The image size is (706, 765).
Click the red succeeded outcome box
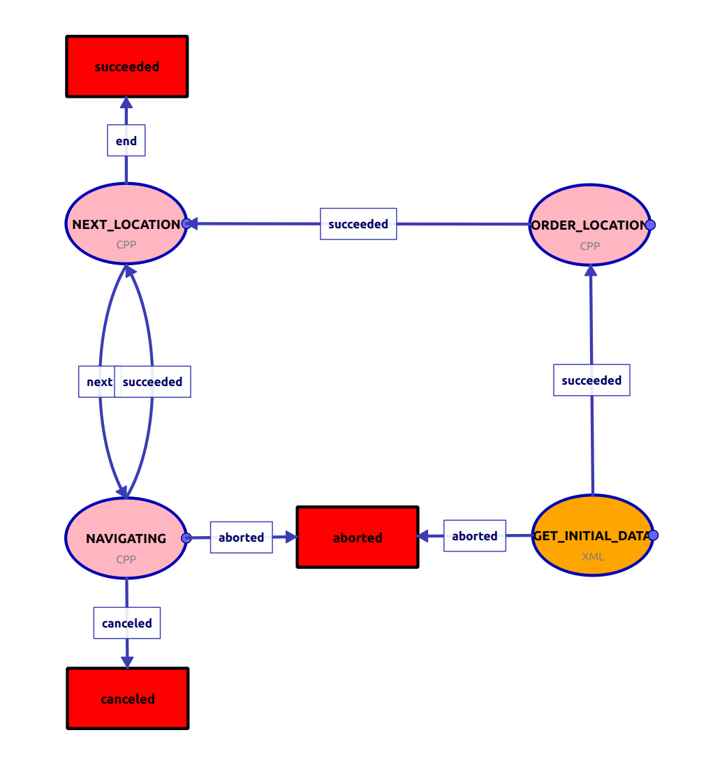tap(127, 66)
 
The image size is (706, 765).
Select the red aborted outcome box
tap(358, 537)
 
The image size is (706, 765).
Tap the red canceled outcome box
tap(128, 699)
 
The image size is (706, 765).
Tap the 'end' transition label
tap(126, 141)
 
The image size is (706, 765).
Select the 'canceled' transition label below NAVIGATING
tap(127, 623)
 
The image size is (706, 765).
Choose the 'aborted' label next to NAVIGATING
tap(242, 537)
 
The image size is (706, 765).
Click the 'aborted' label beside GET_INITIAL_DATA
tap(475, 536)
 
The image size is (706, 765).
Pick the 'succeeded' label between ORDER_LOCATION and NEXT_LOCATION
tap(358, 224)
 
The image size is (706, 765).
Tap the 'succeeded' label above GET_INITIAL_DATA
tap(591, 380)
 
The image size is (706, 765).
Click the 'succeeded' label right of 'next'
tap(153, 382)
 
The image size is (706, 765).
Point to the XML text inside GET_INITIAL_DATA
tap(593, 557)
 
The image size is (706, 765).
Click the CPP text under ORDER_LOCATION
tap(590, 246)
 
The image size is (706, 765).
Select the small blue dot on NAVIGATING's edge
tap(186, 538)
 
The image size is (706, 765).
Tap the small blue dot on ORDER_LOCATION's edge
tap(650, 225)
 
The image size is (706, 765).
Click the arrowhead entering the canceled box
tap(127, 662)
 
